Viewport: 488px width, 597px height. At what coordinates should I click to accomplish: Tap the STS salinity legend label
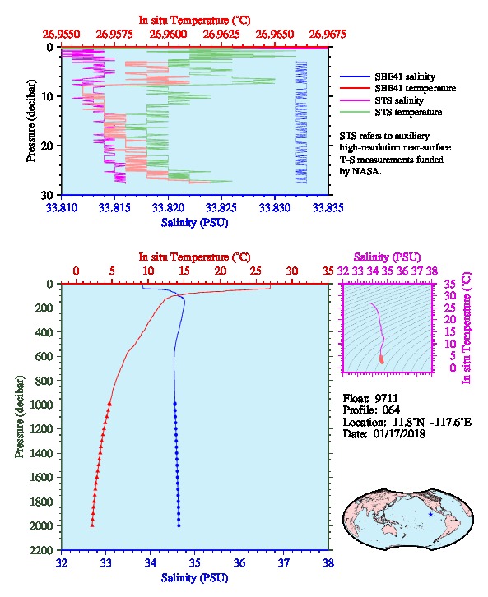pos(399,100)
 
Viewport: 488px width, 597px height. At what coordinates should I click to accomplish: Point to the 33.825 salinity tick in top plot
pos(221,207)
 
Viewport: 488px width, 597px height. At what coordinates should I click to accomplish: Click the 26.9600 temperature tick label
pos(168,35)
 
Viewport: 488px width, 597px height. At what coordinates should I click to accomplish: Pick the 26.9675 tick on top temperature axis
pos(328,35)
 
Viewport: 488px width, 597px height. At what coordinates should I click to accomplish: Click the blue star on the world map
pos(430,515)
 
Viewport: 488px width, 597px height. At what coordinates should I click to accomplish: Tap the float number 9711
pos(386,398)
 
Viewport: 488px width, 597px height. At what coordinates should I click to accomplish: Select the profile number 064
pos(391,410)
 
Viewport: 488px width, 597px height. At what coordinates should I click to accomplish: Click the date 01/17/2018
pos(399,433)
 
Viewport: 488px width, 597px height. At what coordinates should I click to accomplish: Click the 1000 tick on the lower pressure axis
pos(45,405)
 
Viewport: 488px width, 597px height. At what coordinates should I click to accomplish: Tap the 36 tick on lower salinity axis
pos(239,562)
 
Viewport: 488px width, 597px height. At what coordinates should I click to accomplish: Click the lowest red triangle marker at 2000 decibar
pos(92,525)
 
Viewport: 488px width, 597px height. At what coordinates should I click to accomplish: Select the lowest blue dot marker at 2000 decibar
pos(179,525)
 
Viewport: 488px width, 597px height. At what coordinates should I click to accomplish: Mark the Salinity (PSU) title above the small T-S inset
pos(387,257)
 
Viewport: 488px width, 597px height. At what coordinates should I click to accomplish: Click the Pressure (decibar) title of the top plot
pos(31,121)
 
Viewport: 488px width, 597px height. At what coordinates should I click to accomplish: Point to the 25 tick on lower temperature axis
pos(256,271)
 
